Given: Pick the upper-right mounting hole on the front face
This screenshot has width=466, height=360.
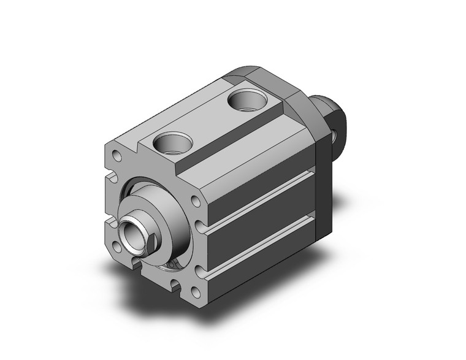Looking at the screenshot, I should point(196,202).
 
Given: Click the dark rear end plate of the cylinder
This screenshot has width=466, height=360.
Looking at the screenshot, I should point(324,184).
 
